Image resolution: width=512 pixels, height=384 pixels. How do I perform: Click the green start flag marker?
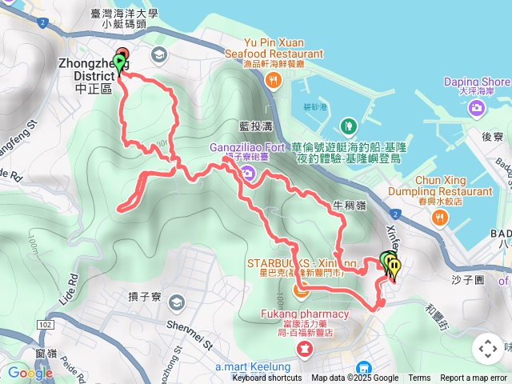(x=120, y=62)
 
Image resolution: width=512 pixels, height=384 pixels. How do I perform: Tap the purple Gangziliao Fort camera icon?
(x=248, y=174)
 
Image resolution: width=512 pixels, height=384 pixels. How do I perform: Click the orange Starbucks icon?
(x=301, y=290)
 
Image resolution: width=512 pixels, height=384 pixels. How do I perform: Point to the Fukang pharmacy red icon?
(x=305, y=349)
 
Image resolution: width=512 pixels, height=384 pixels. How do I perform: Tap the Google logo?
(x=30, y=373)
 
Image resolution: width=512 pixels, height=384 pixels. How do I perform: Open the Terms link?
(x=419, y=378)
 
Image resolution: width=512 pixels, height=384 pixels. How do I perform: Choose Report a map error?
(x=474, y=378)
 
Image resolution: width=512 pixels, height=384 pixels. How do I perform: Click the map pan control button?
(x=487, y=349)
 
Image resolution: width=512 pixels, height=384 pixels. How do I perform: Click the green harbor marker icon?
(x=348, y=126)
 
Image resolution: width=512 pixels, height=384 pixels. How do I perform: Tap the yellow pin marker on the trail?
(x=394, y=266)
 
